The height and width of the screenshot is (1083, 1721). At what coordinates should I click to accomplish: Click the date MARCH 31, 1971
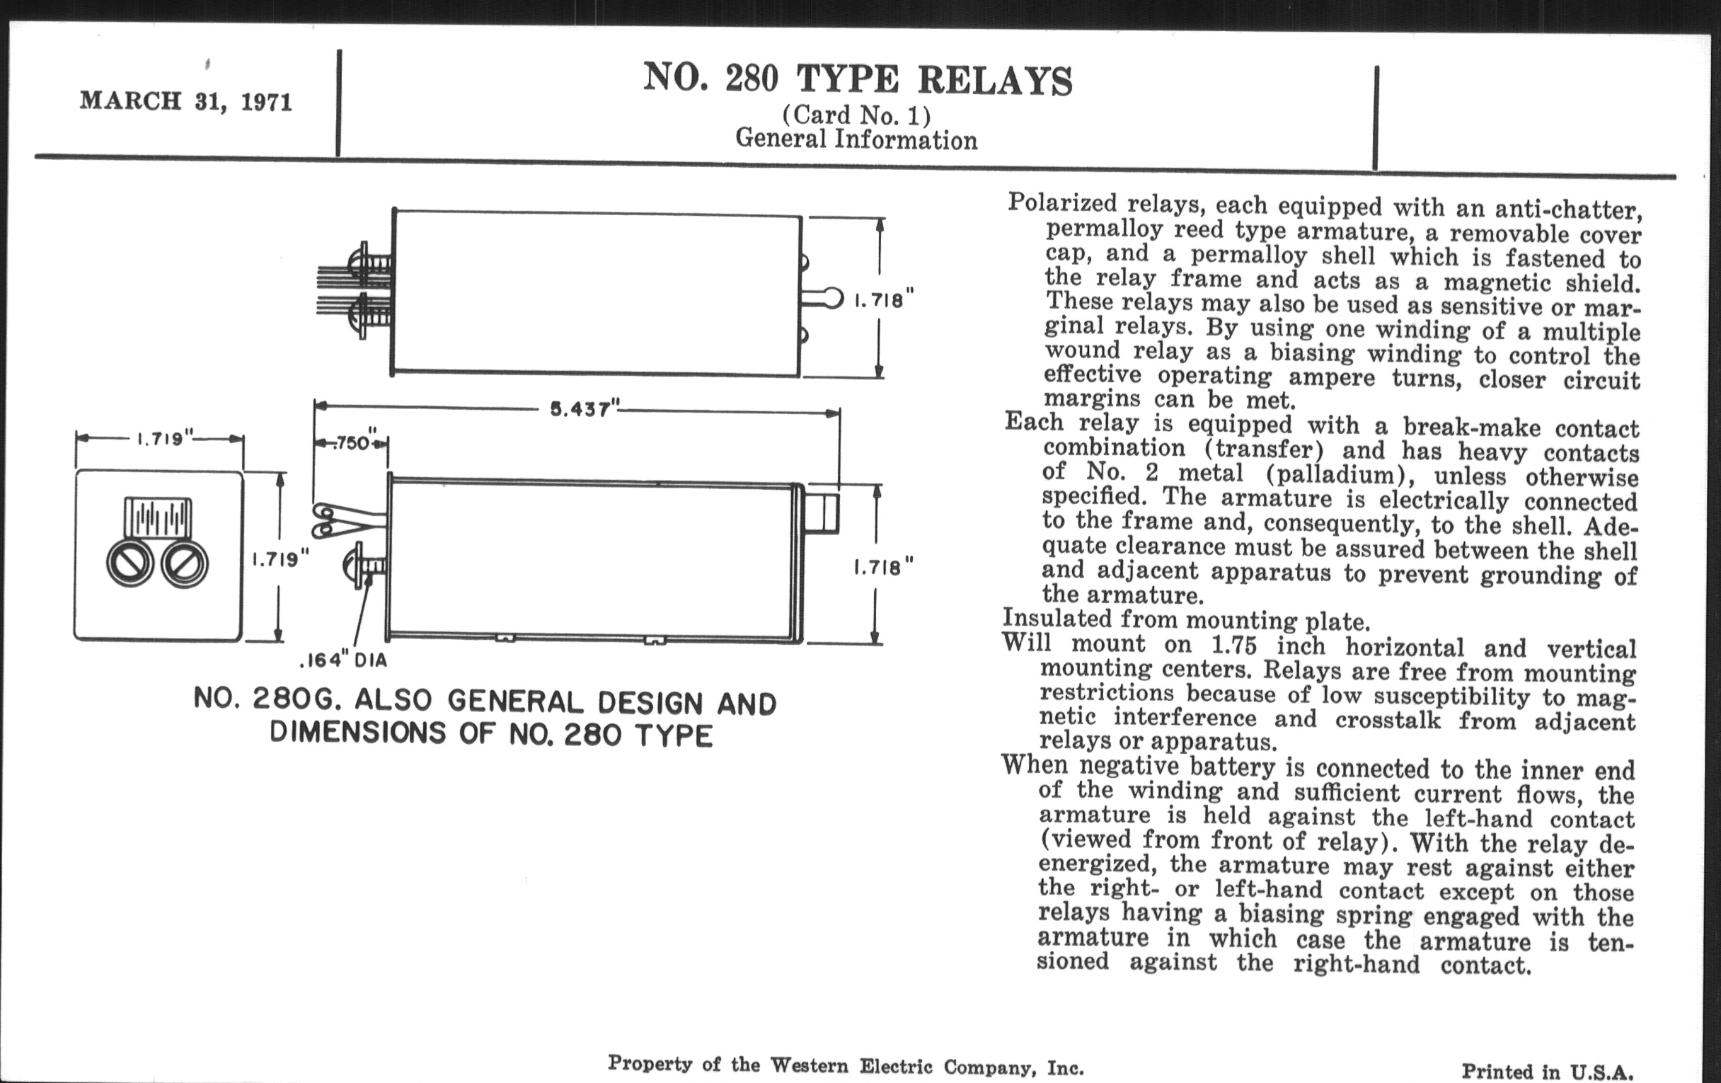click(186, 101)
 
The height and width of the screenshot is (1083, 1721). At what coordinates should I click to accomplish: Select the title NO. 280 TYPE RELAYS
click(857, 79)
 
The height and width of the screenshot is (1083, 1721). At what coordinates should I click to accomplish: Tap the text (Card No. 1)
click(856, 115)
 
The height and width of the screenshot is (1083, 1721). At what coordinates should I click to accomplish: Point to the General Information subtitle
click(856, 139)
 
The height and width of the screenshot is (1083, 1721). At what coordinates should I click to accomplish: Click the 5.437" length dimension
click(582, 410)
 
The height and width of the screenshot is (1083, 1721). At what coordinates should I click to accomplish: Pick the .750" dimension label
click(353, 443)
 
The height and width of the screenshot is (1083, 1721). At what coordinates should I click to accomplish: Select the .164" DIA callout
click(343, 660)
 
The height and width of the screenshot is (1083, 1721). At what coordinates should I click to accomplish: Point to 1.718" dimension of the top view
click(884, 300)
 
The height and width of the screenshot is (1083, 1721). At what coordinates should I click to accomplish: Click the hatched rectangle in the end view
click(158, 517)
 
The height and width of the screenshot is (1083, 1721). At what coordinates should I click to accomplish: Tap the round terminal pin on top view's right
click(833, 298)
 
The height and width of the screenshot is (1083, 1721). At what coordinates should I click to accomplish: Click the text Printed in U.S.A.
click(1547, 1071)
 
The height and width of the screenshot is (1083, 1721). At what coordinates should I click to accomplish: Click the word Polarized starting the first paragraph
click(1061, 204)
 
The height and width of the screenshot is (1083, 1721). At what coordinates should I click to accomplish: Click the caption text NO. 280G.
click(263, 699)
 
